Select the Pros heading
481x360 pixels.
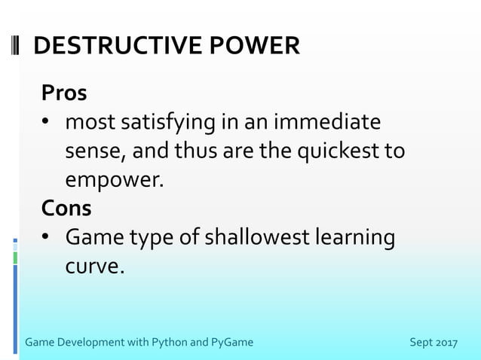(64, 93)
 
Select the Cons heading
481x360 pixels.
(66, 208)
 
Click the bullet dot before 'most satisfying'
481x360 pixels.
(46, 123)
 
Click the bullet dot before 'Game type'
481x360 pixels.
(46, 238)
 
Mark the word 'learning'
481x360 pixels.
(354, 238)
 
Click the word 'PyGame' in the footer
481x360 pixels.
(232, 343)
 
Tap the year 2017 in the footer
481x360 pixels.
(446, 343)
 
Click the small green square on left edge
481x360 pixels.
(14, 258)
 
